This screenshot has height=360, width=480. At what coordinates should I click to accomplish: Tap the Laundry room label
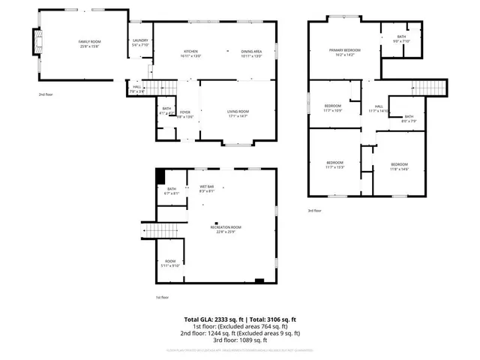(140, 42)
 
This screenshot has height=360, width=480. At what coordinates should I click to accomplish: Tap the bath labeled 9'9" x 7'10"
(401, 39)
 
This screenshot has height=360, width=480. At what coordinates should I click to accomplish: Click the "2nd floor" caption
(46, 94)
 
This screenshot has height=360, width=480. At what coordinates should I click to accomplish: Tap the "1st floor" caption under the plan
(163, 297)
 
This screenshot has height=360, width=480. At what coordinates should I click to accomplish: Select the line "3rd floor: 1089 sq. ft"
(240, 340)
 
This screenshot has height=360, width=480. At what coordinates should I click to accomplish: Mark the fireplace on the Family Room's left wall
(35, 43)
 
